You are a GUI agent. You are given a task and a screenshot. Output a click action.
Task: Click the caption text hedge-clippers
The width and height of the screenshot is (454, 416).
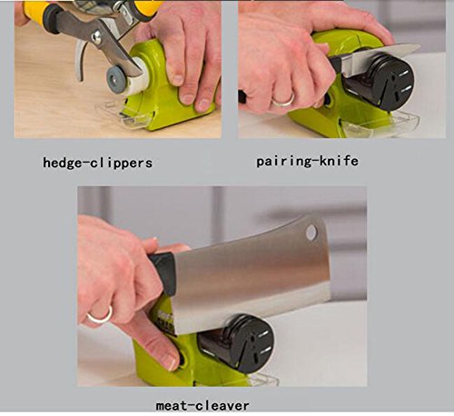pos(97,163)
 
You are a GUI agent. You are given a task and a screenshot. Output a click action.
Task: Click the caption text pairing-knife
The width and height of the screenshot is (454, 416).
pos(307,161)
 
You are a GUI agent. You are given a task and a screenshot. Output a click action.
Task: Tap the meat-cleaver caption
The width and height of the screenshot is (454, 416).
pos(202,405)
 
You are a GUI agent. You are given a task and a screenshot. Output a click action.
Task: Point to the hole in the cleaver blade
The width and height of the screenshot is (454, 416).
pos(311,233)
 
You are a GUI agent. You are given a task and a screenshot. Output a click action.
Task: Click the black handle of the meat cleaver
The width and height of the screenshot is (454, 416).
pos(163,272)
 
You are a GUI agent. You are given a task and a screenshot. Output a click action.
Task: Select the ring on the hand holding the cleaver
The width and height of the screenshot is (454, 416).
pos(100,315)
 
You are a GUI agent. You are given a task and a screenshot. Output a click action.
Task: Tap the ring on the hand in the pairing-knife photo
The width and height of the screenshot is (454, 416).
pos(283,100)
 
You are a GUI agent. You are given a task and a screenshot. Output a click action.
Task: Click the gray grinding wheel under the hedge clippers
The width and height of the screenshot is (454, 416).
pos(115,78)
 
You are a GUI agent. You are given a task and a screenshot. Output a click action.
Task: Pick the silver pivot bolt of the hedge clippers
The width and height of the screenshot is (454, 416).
pos(96,37)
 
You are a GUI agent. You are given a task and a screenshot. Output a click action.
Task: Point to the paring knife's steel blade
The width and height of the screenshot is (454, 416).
pos(379,55)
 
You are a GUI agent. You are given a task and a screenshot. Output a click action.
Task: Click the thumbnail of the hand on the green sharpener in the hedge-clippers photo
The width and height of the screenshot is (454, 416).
pos(187,99)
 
